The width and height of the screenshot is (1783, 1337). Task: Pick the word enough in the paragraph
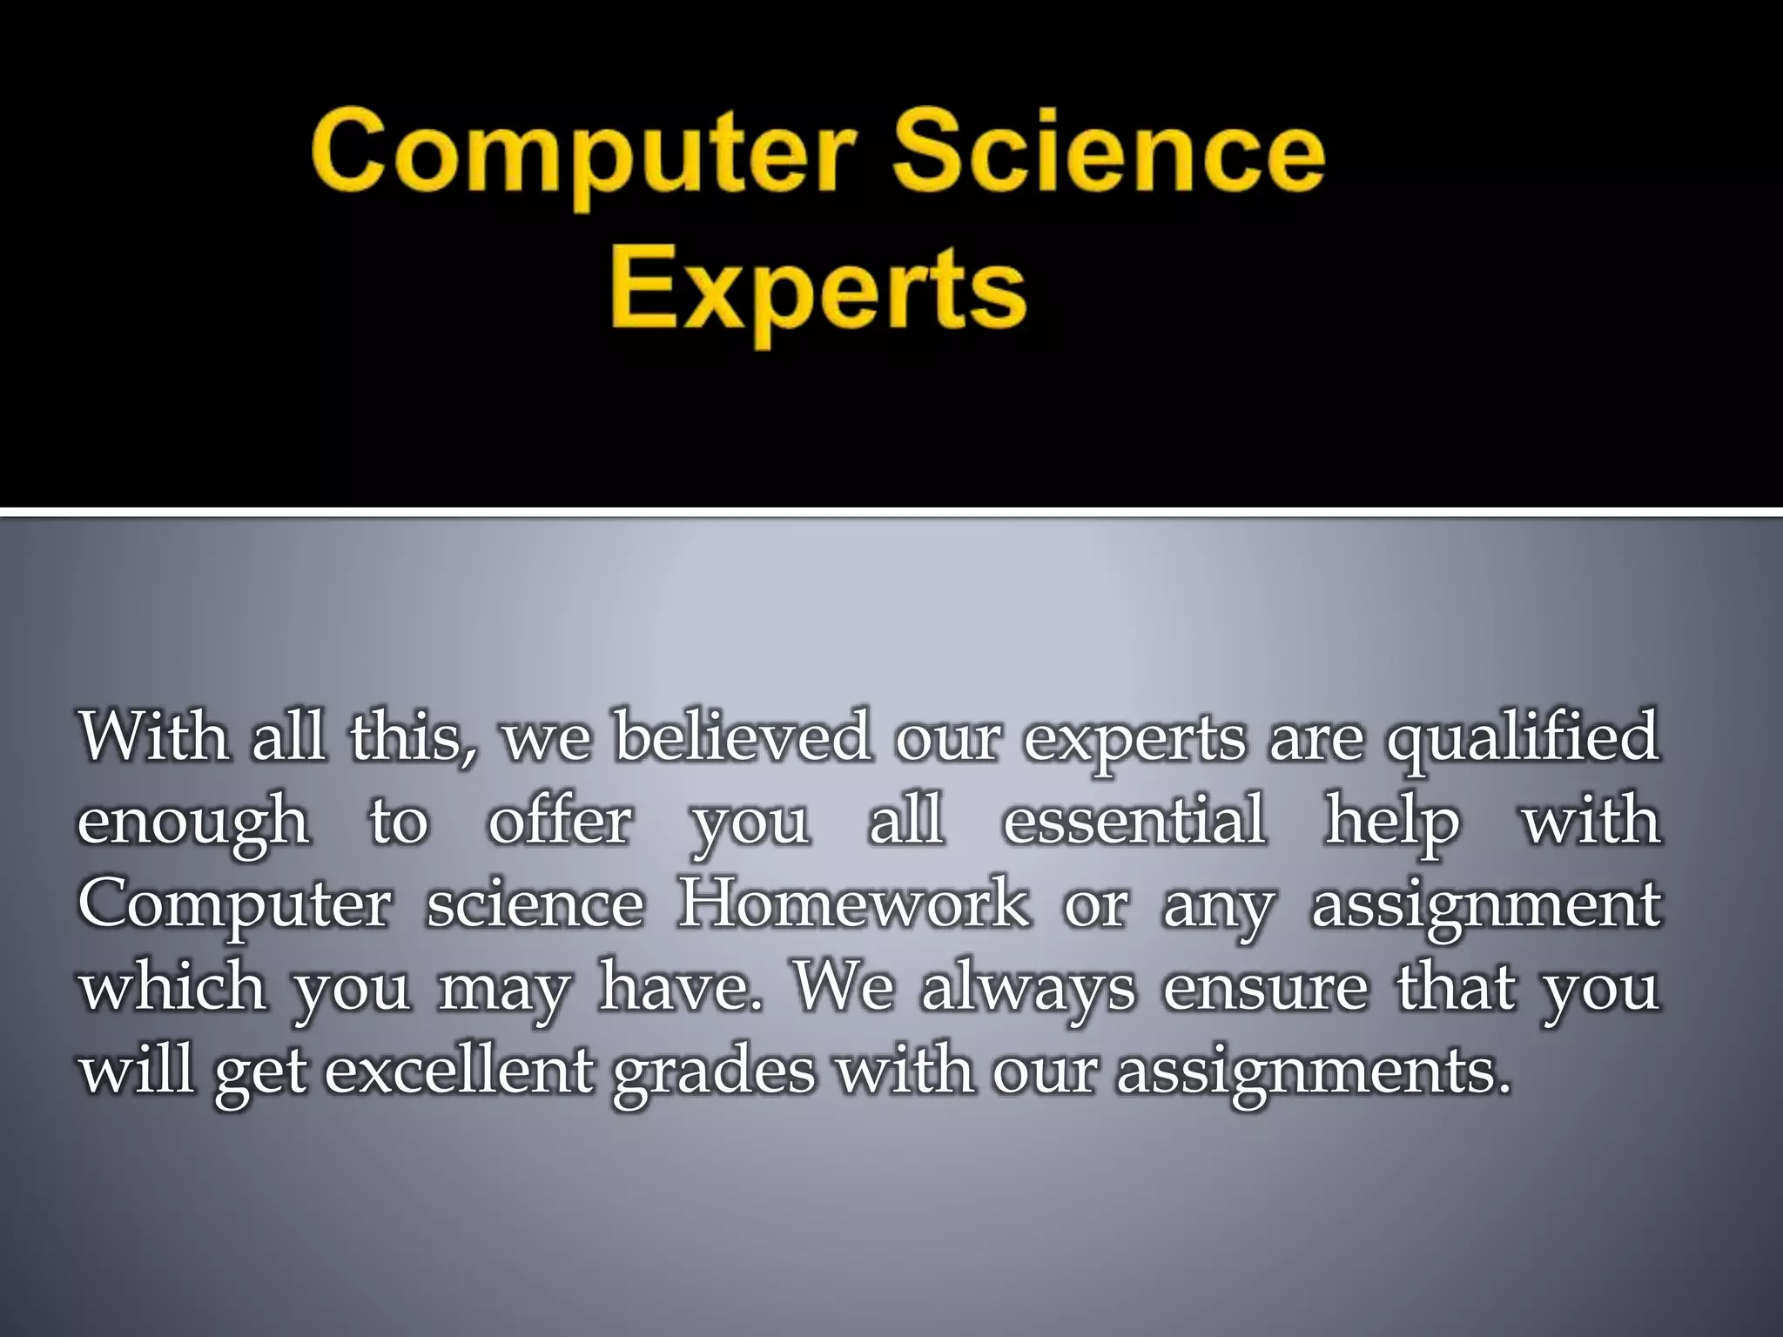(192, 823)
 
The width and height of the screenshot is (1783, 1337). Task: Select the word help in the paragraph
(1391, 823)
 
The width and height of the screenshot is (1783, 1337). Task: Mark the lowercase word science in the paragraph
(535, 904)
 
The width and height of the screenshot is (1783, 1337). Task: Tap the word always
(1028, 990)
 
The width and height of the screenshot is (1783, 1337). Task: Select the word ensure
(1265, 988)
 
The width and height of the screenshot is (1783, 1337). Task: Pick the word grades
(714, 1073)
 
